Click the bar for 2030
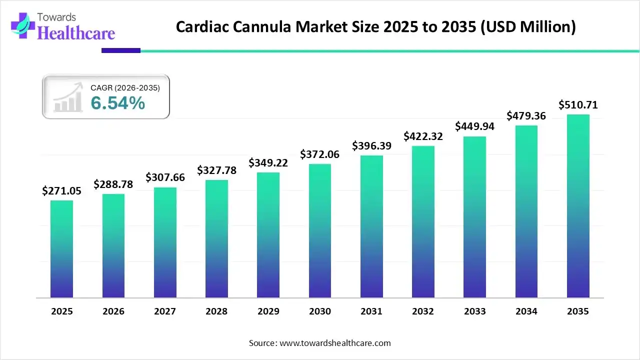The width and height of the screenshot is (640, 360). pyautogui.click(x=320, y=230)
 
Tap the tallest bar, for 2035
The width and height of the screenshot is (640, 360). pyautogui.click(x=578, y=206)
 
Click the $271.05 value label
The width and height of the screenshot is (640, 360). pyautogui.click(x=61, y=190)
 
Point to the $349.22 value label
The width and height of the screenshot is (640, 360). pyautogui.click(x=268, y=163)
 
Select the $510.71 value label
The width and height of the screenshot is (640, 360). pyautogui.click(x=578, y=105)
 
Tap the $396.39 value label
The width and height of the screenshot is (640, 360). pyautogui.click(x=371, y=146)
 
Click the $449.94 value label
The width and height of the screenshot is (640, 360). pyautogui.click(x=474, y=126)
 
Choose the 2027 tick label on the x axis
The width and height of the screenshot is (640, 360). pyautogui.click(x=164, y=311)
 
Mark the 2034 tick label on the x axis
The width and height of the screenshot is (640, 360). pyautogui.click(x=526, y=311)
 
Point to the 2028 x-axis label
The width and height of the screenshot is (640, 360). pyautogui.click(x=216, y=311)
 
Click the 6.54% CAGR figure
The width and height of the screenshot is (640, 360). pyautogui.click(x=118, y=103)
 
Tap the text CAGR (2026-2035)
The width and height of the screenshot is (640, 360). pyautogui.click(x=125, y=88)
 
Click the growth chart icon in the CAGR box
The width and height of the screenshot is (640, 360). pyautogui.click(x=68, y=97)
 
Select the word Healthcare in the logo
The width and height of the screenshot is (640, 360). pyautogui.click(x=76, y=33)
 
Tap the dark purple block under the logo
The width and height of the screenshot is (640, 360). pyautogui.click(x=121, y=50)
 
